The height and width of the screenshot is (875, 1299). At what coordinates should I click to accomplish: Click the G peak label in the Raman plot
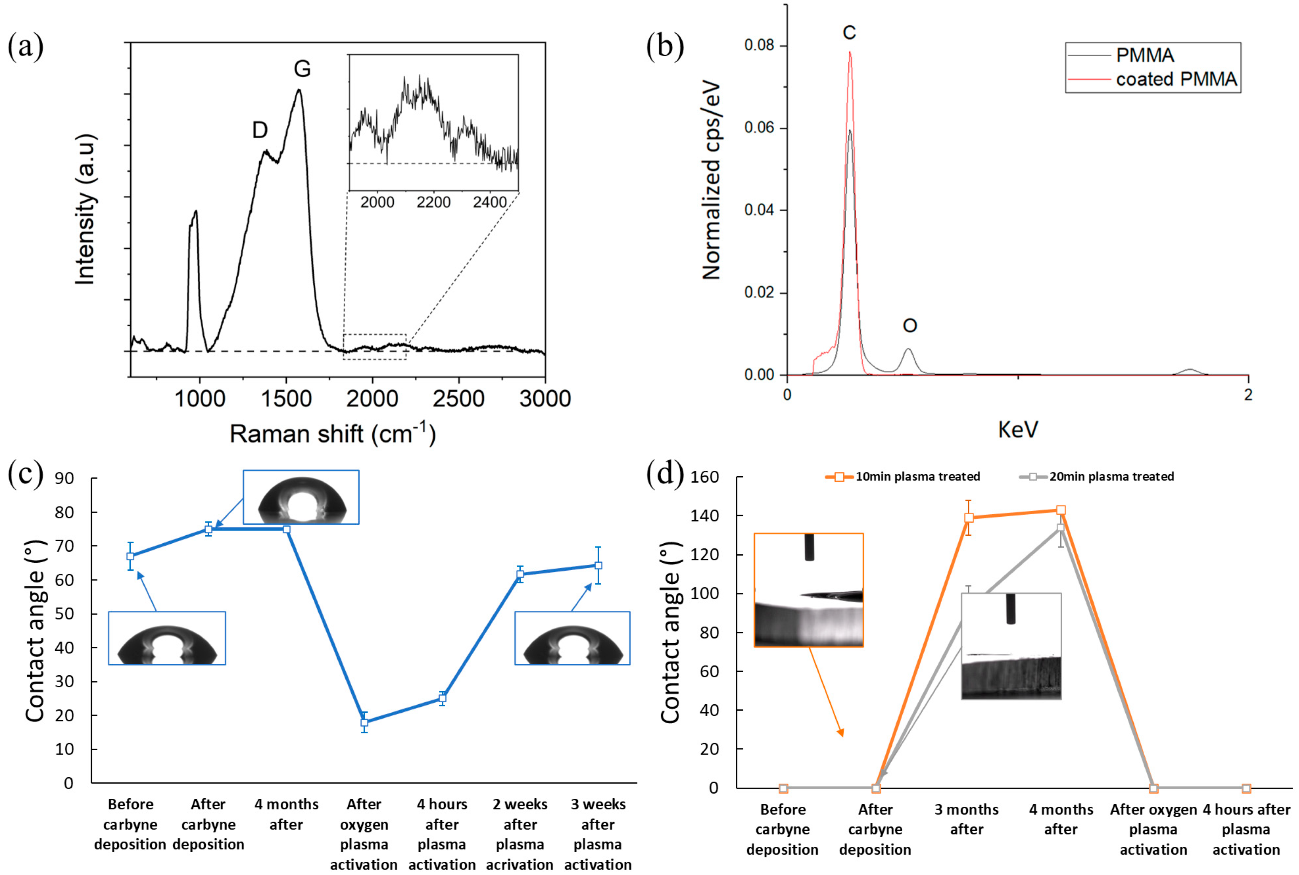(x=302, y=69)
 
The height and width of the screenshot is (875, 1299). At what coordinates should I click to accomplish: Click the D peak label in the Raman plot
(x=260, y=130)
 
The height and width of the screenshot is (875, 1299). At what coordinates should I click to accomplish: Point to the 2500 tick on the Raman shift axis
(x=458, y=398)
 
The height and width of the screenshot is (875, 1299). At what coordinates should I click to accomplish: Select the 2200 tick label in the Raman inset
(x=433, y=202)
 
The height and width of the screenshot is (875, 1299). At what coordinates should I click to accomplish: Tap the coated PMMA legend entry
(x=1175, y=79)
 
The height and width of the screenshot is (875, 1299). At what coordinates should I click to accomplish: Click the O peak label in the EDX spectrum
(x=909, y=325)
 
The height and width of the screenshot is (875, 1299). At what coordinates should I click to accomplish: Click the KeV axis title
(x=1018, y=429)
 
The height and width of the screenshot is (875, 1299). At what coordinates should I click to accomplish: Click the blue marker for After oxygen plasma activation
(x=364, y=722)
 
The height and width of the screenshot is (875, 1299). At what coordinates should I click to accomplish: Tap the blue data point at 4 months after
(x=286, y=529)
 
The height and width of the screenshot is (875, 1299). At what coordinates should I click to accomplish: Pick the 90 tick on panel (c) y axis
(x=64, y=478)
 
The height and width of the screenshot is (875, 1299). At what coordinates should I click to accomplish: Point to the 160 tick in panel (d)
(x=704, y=477)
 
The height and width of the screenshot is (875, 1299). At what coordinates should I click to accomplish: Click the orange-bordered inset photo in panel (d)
(x=808, y=590)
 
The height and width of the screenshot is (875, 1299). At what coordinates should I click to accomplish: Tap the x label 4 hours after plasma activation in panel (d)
(x=1246, y=829)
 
